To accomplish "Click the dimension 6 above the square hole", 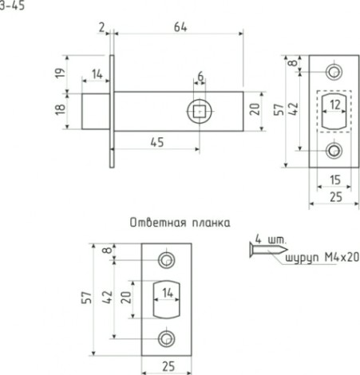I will pyautogui.click(x=200, y=77).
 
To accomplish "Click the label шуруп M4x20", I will pyautogui.click(x=318, y=258).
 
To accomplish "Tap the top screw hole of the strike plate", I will pyautogui.click(x=167, y=260).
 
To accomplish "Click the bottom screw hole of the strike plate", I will pyautogui.click(x=167, y=338).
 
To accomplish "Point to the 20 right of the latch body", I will pyautogui.click(x=255, y=109).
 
